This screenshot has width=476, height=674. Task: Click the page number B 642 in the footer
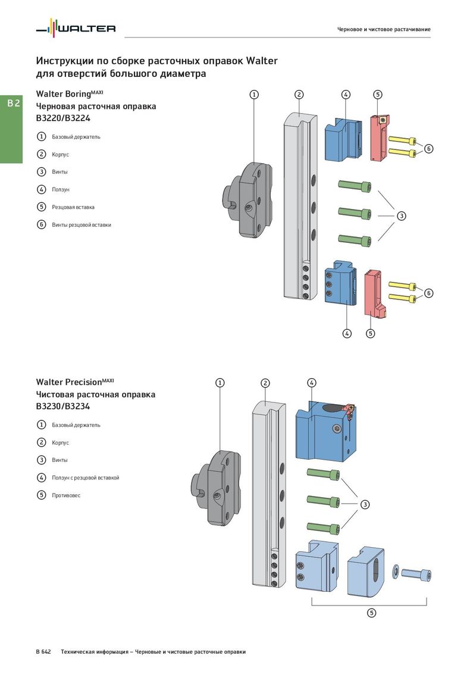pyautogui.click(x=43, y=652)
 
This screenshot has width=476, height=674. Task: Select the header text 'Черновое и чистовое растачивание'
pyautogui.click(x=384, y=29)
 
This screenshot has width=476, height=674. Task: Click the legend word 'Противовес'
pyautogui.click(x=66, y=495)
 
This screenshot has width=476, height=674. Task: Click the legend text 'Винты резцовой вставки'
pyautogui.click(x=82, y=225)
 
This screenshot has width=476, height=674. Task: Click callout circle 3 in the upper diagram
pyautogui.click(x=402, y=216)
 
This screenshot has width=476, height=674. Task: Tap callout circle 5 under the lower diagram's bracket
pyautogui.click(x=371, y=613)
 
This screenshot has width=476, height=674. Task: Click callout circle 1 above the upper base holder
pyautogui.click(x=254, y=94)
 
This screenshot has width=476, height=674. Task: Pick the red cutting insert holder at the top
pyautogui.click(x=378, y=138)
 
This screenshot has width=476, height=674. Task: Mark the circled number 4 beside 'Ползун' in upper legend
pyautogui.click(x=42, y=189)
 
